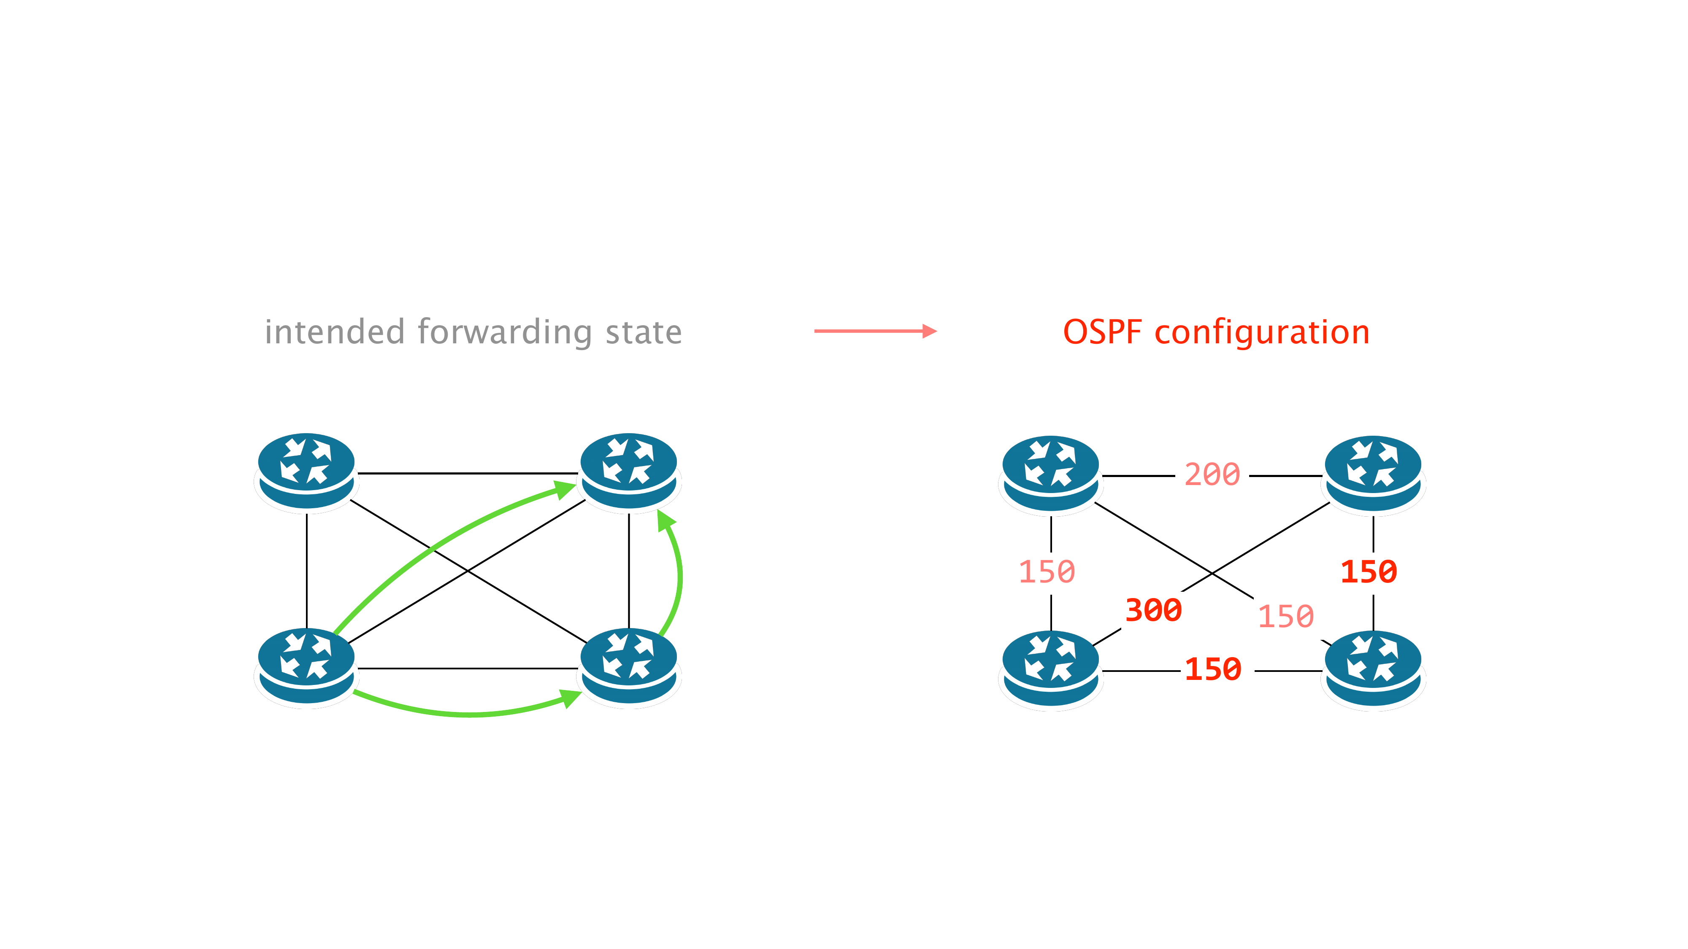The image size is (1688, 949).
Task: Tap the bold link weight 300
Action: click(x=1153, y=610)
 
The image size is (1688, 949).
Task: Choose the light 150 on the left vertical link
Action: click(x=1047, y=572)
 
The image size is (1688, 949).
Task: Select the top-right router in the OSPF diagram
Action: click(x=1373, y=472)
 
